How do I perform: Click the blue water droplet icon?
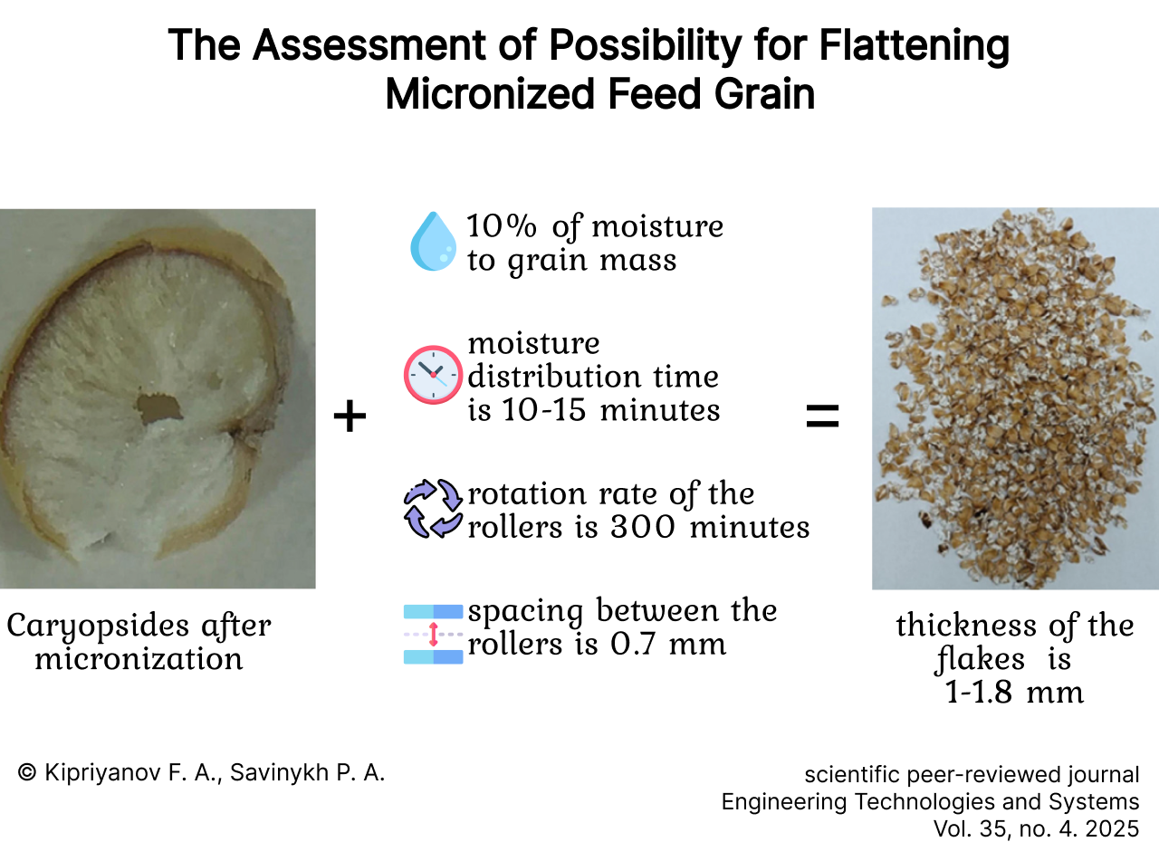tap(433, 241)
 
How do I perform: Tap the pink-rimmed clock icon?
tap(433, 375)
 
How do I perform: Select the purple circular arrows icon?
tap(433, 508)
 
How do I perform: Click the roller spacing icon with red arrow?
tap(433, 635)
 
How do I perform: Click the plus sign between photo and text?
tap(350, 416)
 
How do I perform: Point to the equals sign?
tap(822, 416)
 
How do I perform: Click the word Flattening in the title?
tap(914, 46)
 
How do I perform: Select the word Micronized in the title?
tap(489, 94)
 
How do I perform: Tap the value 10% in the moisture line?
tap(502, 226)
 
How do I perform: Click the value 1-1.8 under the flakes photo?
tap(978, 693)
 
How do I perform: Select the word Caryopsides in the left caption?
tap(98, 627)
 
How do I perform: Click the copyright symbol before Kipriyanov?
tap(26, 772)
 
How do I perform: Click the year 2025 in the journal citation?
tap(1112, 829)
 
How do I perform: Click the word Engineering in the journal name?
tap(784, 802)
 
